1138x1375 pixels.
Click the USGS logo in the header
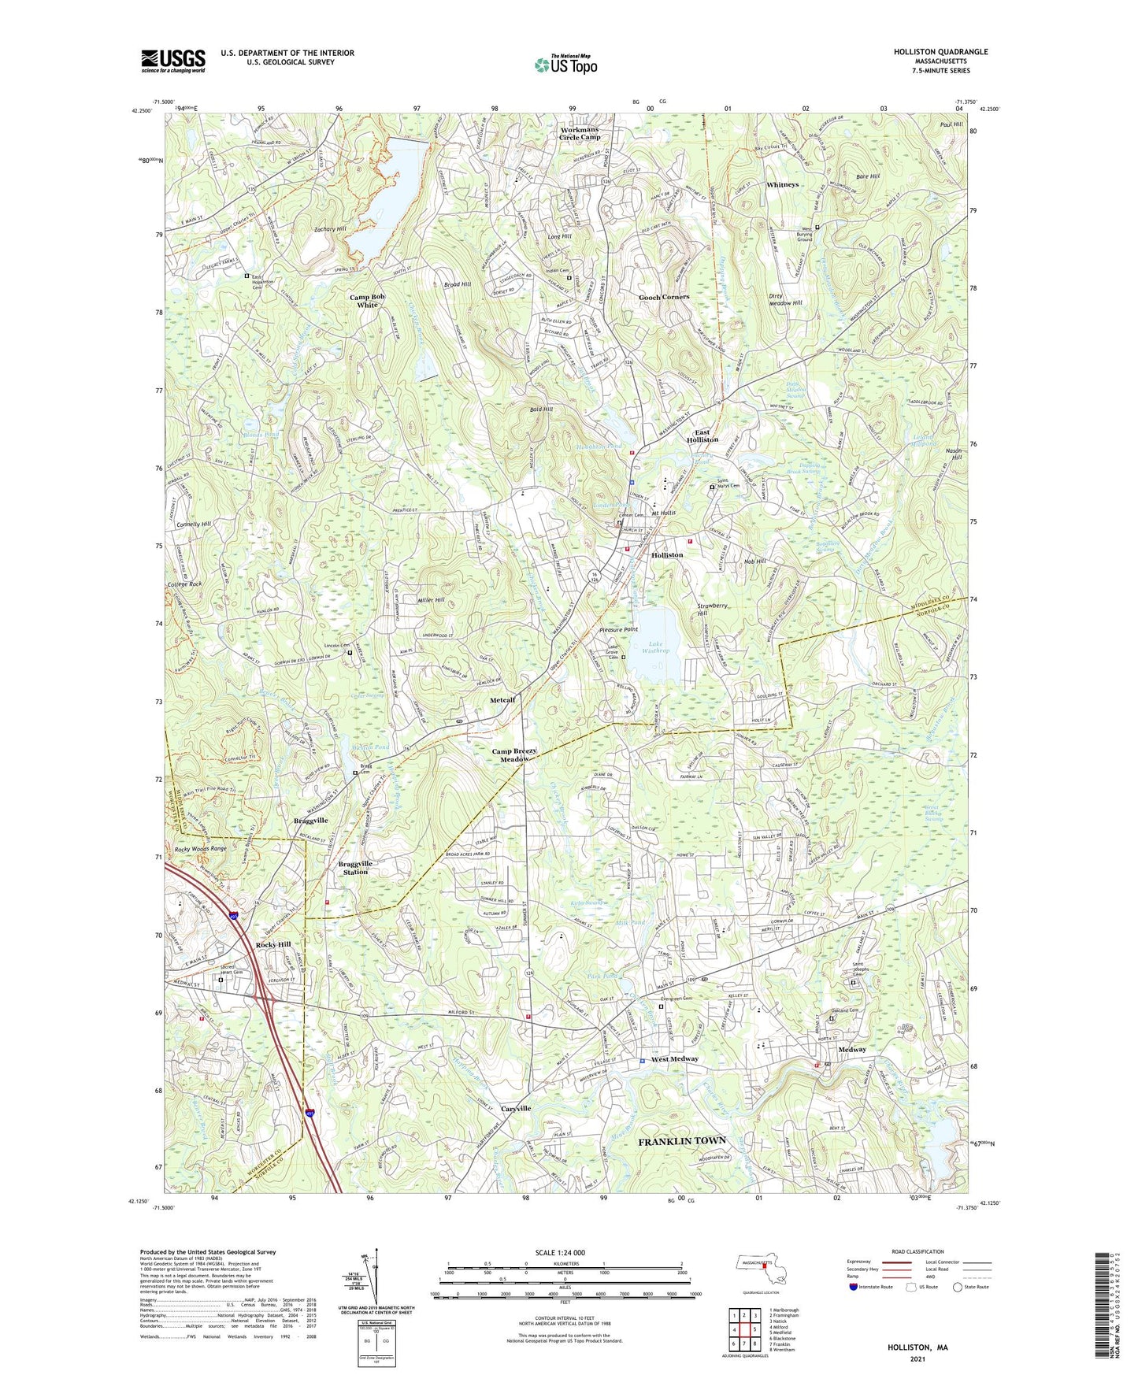[173, 60]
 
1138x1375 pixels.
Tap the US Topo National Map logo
[565, 64]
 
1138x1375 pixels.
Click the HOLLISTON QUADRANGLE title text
[940, 52]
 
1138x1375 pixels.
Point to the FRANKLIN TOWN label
[681, 1141]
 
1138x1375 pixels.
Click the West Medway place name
[674, 1059]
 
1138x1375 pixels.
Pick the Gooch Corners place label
[664, 297]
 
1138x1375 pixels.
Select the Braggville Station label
[354, 868]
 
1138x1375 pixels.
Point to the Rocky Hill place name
[273, 944]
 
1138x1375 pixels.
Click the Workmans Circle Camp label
[580, 133]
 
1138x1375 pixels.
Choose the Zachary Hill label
[330, 229]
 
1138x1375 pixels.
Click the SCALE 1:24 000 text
[565, 1253]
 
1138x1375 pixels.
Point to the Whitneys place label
[782, 184]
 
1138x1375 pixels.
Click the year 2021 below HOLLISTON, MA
[917, 1359]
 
